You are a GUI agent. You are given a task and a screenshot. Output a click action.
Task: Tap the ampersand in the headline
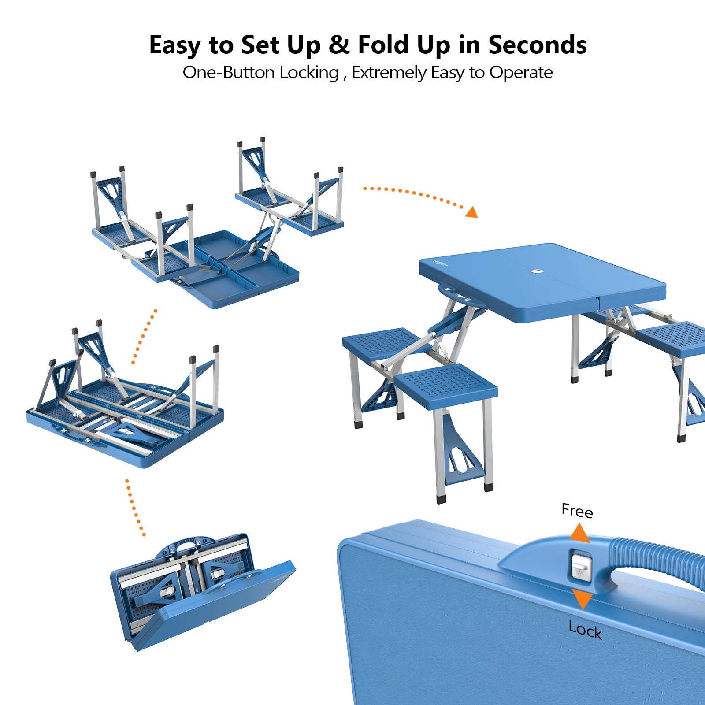point(339,45)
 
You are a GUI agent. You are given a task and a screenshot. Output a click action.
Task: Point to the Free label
point(577,510)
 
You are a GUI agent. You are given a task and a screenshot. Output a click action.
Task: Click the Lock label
point(585,629)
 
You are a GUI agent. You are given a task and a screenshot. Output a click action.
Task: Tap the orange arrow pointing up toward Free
point(579,533)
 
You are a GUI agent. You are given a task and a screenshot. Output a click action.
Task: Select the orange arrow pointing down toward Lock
point(582,600)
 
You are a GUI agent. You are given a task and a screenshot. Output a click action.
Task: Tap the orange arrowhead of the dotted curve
point(472,212)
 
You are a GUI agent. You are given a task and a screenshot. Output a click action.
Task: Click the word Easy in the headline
point(175,46)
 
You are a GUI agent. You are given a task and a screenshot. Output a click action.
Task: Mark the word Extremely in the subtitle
point(389,73)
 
